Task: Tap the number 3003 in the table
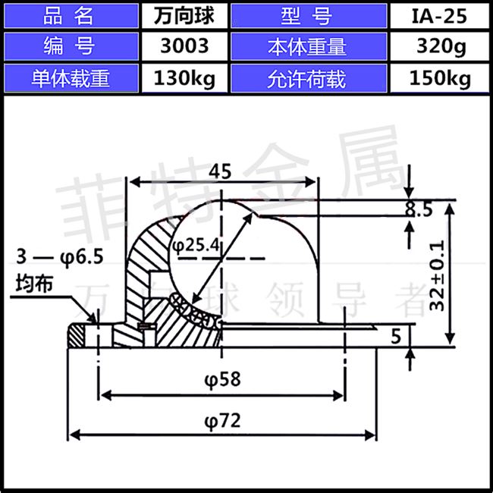(184, 46)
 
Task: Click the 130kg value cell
(184, 78)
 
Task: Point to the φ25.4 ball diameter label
(195, 244)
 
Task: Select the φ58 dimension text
(221, 378)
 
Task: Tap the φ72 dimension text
(221, 419)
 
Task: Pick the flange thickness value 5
(395, 335)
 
